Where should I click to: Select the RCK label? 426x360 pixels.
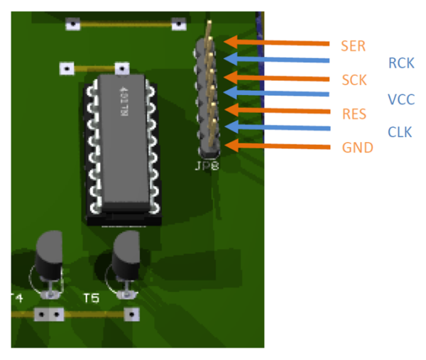point(401,63)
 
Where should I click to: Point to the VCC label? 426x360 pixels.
point(401,99)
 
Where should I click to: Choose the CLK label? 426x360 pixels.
point(400,131)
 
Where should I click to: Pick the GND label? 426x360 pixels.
point(356,148)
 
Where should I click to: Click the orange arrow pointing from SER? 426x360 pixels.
point(277,43)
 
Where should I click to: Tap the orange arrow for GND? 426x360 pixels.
point(277,147)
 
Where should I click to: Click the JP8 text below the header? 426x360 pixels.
point(206,168)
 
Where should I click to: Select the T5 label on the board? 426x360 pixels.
point(91,298)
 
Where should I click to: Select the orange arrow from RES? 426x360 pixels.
point(277,110)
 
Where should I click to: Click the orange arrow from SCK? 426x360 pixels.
point(277,77)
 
